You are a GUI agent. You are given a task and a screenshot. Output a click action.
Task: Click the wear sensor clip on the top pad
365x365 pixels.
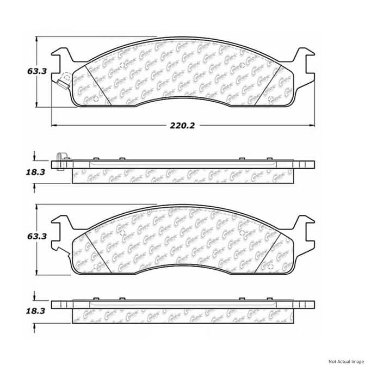click(63, 79)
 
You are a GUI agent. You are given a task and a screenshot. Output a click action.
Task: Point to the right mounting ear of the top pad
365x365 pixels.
click(302, 57)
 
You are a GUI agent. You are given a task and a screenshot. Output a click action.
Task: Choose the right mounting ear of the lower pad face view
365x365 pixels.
click(302, 225)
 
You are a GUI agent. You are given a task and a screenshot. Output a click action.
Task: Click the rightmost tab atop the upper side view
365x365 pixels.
click(270, 159)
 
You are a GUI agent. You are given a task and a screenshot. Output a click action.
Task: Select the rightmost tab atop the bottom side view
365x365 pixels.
click(270, 299)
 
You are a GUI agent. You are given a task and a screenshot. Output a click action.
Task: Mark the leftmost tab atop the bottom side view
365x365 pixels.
click(95, 299)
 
